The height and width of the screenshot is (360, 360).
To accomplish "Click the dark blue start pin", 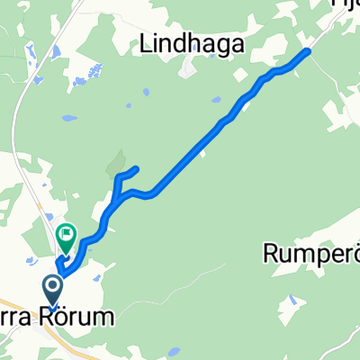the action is pos(52,291).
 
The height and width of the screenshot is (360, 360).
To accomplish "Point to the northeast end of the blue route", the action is pos(309,51).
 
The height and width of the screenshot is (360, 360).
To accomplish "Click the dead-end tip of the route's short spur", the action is pos(137,169).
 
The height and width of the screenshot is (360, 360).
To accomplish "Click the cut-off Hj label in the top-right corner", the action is pos(346,5).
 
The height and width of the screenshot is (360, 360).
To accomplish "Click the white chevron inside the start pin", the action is pos(52,289).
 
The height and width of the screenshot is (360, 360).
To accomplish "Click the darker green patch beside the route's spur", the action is pos(114,165).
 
